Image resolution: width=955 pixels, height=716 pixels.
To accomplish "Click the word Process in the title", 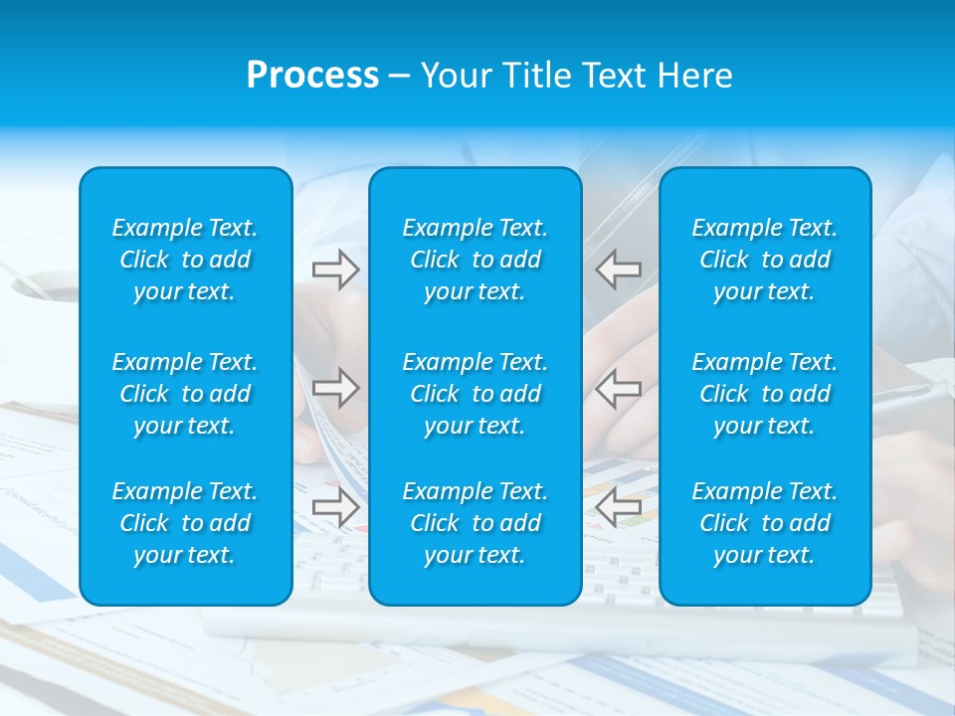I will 312,76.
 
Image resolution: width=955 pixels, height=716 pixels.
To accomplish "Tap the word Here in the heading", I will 694,76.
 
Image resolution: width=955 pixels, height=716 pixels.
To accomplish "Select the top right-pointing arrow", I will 335,269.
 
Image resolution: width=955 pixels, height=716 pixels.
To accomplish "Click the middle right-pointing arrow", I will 335,388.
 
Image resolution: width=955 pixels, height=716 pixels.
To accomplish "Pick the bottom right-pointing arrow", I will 335,507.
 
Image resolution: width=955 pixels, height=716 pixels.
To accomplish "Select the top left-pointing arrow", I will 619,269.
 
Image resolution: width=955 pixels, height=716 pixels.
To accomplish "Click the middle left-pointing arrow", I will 619,388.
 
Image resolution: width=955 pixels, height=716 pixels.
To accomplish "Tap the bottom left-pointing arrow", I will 619,507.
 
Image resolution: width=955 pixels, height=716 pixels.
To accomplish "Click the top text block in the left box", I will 185,260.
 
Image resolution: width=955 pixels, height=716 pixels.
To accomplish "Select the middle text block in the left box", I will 185,394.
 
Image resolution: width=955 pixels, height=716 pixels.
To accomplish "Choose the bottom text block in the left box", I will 185,523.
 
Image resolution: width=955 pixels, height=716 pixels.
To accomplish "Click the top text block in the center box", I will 475,260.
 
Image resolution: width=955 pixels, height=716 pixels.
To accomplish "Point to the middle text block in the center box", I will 475,394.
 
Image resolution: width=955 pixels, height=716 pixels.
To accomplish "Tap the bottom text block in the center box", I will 475,523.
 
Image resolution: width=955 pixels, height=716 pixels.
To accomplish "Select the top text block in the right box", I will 764,260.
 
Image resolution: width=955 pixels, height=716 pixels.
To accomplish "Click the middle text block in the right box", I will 764,394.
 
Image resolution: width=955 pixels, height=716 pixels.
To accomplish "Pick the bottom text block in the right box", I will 764,523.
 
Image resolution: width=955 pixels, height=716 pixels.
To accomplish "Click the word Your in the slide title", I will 456,76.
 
